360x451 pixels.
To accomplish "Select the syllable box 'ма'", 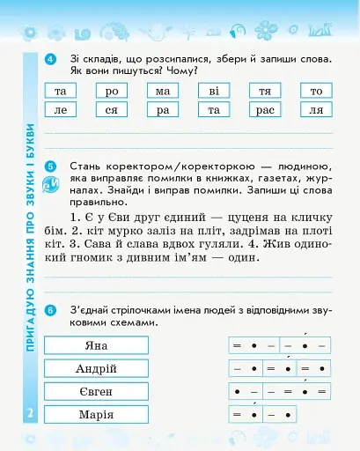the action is [x=162, y=92].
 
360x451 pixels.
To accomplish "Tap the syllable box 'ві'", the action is [x=213, y=92].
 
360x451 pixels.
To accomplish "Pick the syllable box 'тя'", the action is [x=264, y=92].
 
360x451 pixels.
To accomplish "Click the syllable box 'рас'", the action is [x=264, y=110].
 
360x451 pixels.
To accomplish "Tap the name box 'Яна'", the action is [x=96, y=345].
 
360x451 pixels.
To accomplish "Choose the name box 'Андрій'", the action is [x=96, y=368].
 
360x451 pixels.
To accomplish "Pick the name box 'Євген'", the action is [x=96, y=391].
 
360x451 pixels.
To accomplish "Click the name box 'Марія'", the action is [x=96, y=415].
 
